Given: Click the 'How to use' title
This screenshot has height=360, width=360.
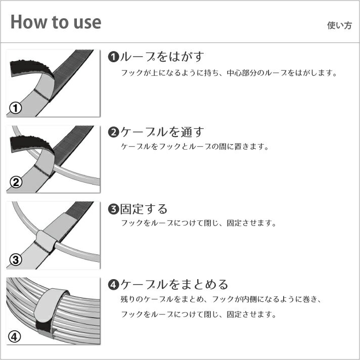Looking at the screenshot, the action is (56, 22).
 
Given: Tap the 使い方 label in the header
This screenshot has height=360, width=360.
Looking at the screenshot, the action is (339, 25).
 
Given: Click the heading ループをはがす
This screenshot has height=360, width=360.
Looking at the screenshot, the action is (162, 57).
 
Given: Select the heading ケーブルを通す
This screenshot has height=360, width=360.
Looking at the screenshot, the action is (162, 132).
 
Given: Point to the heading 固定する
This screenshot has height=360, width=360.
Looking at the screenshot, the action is (144, 209).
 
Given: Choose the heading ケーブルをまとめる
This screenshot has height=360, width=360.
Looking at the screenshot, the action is (174, 284).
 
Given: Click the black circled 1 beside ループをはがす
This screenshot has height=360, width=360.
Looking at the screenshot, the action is (113, 57).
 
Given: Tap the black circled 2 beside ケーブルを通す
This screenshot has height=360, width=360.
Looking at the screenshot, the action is (113, 132).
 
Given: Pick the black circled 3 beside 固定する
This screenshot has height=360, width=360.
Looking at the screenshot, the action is (113, 209).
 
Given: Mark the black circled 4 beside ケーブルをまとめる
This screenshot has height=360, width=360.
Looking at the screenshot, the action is (113, 285).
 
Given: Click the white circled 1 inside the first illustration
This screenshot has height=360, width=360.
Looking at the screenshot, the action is (16, 108).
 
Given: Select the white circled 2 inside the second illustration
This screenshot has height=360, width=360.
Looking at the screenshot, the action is (16, 183).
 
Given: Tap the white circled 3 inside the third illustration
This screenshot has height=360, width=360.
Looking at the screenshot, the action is (16, 260).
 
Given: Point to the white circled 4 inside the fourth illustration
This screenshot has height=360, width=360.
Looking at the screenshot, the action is (15, 337).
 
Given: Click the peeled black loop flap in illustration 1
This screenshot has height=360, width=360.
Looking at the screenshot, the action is (30, 68).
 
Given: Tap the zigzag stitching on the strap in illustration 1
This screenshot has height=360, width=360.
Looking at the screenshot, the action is (41, 95).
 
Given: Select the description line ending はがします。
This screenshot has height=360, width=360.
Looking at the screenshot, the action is (229, 73).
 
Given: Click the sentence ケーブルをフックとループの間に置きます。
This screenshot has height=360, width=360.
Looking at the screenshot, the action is (195, 147).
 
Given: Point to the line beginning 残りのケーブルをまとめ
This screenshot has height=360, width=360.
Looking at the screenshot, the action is (220, 299).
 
